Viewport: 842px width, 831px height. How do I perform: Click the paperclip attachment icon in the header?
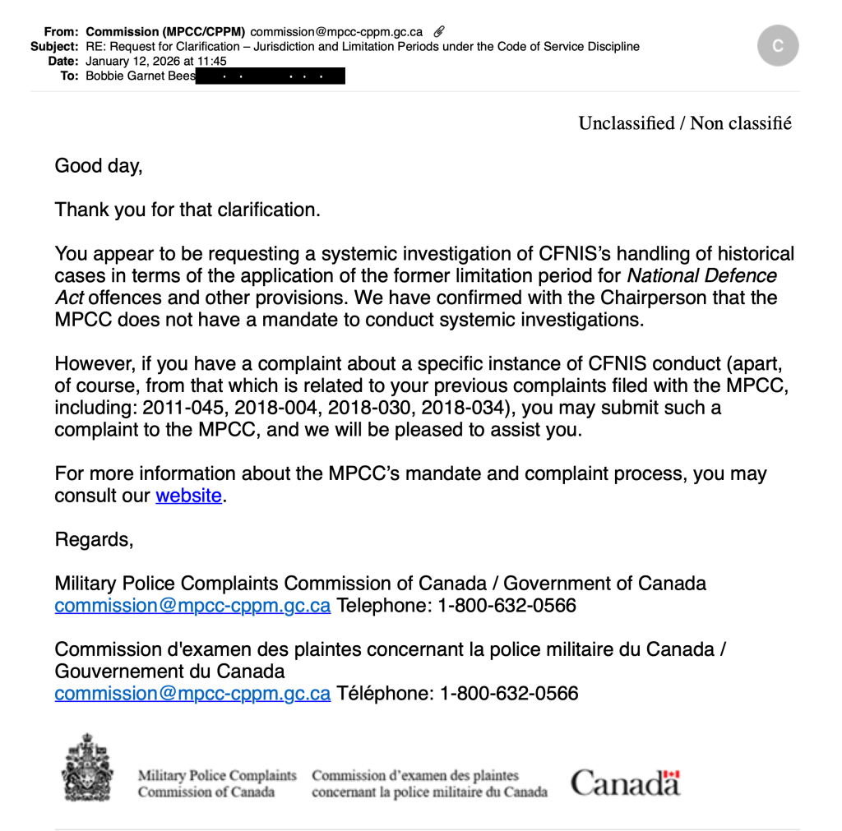(x=439, y=31)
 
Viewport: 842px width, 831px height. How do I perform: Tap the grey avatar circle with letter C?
(x=777, y=46)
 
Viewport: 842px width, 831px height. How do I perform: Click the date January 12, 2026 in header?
(x=156, y=61)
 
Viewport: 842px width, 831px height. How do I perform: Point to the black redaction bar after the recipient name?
(x=271, y=76)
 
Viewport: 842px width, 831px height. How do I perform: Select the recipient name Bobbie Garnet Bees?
(x=141, y=76)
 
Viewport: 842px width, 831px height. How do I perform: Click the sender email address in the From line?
(x=336, y=32)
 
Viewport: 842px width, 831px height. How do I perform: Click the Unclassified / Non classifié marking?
(x=684, y=123)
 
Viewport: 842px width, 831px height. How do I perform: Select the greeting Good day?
(x=99, y=165)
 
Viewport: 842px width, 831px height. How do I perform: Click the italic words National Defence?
(x=701, y=275)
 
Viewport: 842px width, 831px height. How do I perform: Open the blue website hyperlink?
(x=188, y=496)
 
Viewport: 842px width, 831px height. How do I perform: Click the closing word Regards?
(x=93, y=539)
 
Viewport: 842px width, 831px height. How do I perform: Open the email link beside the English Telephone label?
(x=192, y=606)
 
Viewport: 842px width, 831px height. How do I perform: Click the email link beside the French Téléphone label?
(x=192, y=693)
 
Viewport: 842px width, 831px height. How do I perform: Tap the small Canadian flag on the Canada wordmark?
(x=672, y=775)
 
